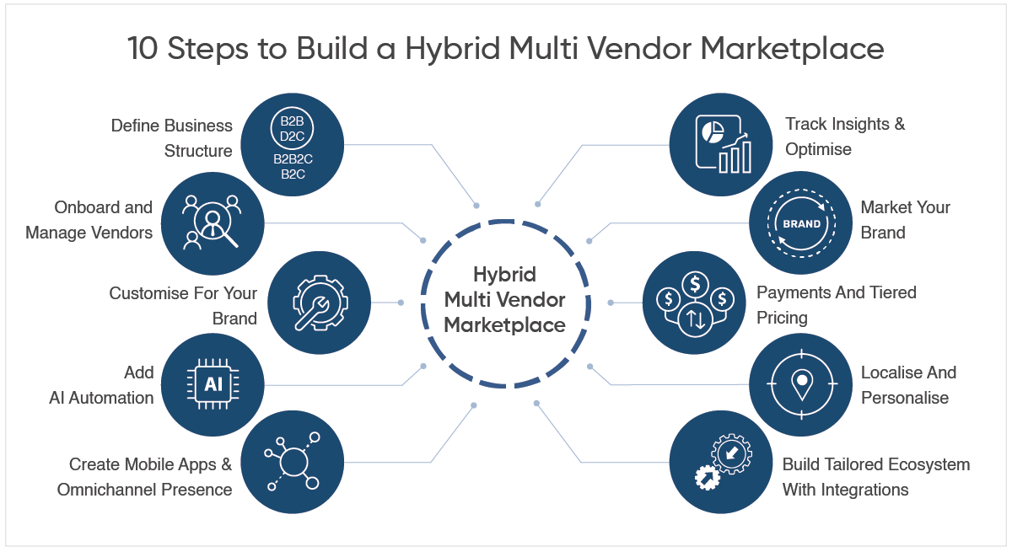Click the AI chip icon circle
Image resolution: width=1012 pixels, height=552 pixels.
pos(213,385)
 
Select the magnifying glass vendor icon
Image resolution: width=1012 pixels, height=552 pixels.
pos(213,223)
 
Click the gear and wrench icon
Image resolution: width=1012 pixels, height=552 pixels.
pos(320,302)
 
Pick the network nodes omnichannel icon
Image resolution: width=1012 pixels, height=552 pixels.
pos(293,462)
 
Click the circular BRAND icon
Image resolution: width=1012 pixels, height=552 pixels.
pos(801,223)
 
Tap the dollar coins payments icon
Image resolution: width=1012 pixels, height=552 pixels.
pos(694,302)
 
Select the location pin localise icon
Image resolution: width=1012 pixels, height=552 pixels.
pos(801,385)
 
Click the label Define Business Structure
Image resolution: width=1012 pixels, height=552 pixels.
pos(172,138)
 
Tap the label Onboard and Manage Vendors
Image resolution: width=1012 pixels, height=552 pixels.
pos(89,220)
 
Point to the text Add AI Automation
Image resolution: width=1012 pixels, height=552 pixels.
pos(101,385)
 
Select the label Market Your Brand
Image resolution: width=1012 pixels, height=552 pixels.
pos(905,220)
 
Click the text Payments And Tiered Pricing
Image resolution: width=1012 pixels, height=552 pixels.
pos(836,305)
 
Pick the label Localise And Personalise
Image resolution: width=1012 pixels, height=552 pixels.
pos(907,385)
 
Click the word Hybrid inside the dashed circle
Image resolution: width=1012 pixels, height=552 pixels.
pos(504,274)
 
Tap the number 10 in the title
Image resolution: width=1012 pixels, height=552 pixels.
pos(143,48)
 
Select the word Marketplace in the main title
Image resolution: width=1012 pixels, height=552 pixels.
pos(793,48)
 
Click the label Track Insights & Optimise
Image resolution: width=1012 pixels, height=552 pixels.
pos(844,137)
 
